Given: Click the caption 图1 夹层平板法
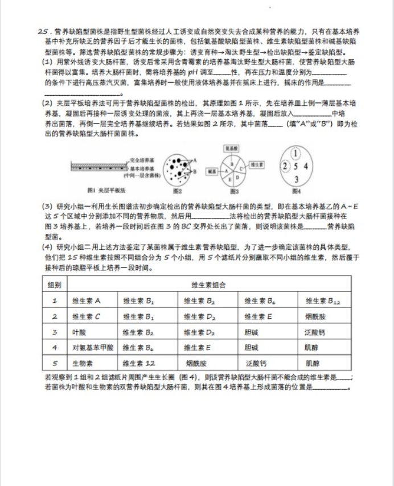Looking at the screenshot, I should point(93,190).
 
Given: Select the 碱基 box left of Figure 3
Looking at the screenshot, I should point(211,170).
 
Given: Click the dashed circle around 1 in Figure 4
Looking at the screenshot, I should point(296,153).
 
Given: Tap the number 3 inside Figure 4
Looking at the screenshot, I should point(295,179).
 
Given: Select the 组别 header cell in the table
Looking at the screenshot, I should point(55,285).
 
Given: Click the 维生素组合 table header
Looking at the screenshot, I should point(209,285).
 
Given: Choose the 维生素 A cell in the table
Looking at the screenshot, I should point(86,300).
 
